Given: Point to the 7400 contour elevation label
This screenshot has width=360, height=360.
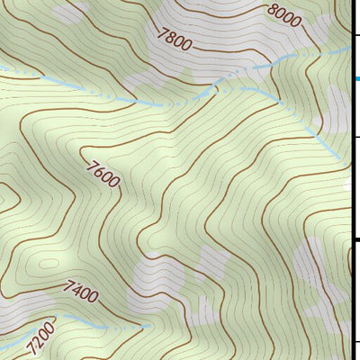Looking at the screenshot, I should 81,291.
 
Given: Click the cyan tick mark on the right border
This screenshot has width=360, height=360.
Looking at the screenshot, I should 355,79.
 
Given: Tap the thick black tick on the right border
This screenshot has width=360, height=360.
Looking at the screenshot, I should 355,239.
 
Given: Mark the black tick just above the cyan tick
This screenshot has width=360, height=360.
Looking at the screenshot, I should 355,34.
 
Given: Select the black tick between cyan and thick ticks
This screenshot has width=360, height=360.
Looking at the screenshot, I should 355,137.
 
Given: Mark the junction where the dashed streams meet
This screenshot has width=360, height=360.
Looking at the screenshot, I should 216,88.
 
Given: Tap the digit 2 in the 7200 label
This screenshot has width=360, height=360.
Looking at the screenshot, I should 36,344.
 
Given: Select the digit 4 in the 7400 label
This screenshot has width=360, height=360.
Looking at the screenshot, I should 77,290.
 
